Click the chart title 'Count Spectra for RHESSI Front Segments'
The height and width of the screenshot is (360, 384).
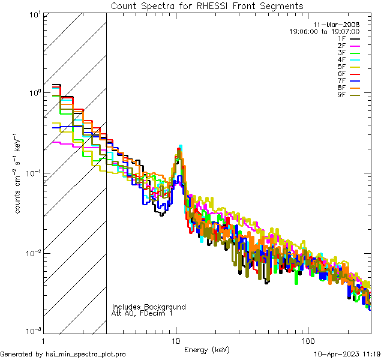pos(207,6)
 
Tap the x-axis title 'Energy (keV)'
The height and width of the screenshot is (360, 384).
pos(206,350)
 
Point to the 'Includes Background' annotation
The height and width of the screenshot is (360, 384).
pos(149,307)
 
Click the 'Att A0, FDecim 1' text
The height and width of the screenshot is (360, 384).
pos(142,314)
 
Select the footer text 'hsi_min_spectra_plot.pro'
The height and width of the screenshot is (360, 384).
pos(86,355)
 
